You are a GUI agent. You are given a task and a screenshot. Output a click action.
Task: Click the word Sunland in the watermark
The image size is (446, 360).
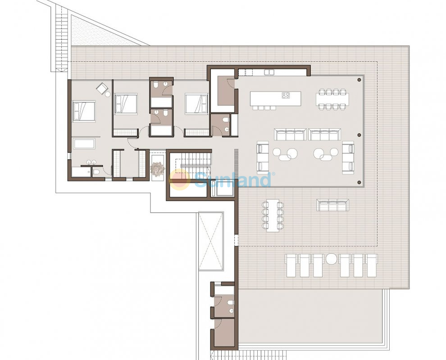[x=233, y=180]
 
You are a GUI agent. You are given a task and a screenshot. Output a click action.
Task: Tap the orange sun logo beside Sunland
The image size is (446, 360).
[x=179, y=180]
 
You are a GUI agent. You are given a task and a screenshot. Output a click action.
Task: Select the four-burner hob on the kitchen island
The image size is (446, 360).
[x=286, y=95]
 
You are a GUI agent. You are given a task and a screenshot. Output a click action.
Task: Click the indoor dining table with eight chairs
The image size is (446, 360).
[x=332, y=99]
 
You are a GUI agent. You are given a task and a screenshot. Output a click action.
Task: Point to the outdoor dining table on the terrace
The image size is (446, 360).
[x=273, y=216]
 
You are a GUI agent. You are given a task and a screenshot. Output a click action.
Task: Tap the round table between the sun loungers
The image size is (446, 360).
[x=331, y=259]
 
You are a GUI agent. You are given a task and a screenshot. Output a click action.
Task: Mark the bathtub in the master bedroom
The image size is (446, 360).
[x=84, y=144]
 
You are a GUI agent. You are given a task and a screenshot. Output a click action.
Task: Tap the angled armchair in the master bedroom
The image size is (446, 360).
[x=101, y=88]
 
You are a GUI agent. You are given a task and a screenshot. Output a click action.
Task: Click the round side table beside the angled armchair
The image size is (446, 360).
[x=108, y=94]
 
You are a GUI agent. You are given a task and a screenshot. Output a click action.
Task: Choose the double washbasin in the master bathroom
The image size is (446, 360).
[x=91, y=163]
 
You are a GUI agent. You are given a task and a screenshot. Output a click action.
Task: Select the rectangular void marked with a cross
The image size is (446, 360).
[x=211, y=241]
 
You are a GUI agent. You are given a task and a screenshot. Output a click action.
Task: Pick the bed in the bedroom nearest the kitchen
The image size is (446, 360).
[x=196, y=104]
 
